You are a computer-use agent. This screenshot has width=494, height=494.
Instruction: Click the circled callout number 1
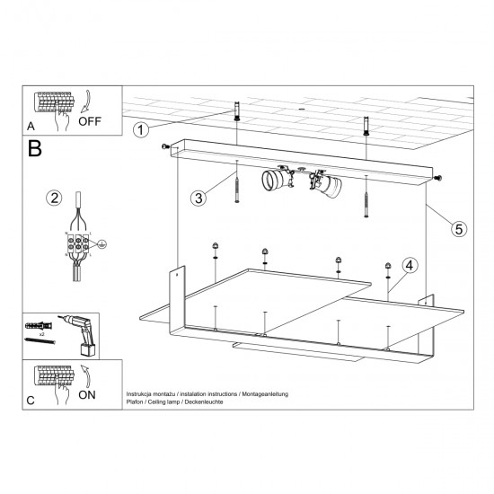141,130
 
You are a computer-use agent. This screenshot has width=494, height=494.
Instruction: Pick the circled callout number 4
409,265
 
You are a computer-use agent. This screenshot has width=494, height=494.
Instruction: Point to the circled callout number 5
458,229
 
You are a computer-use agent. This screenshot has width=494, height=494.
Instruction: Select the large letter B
35,149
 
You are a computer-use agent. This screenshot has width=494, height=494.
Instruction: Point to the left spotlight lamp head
274,179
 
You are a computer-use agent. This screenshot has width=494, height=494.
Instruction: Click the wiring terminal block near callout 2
78,243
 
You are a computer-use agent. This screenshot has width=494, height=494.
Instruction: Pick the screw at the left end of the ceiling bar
164,146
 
